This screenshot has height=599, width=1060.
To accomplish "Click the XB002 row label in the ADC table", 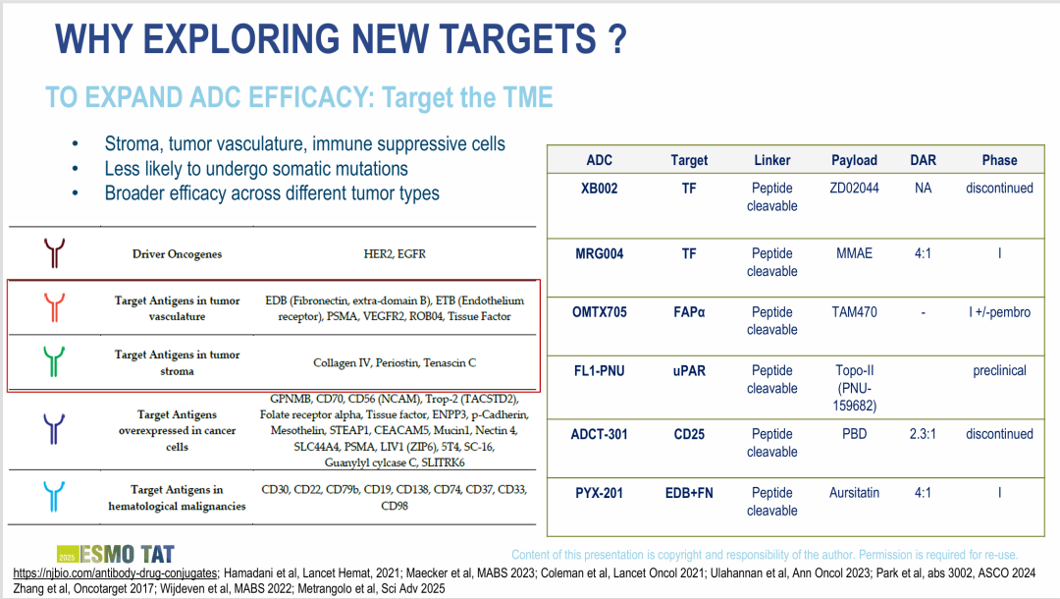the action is (599, 188).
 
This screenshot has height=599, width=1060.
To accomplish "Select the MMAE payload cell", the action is (854, 253).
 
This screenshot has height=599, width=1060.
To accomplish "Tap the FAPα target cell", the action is (689, 312).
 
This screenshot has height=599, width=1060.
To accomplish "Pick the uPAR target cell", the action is (689, 370).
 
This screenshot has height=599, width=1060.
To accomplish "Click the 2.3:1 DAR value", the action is (923, 434).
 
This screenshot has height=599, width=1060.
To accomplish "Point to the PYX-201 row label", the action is (599, 493).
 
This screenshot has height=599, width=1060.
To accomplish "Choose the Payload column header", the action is (854, 160).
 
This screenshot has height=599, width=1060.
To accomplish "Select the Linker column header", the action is (772, 160).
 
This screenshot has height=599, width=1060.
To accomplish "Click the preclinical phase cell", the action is (999, 370).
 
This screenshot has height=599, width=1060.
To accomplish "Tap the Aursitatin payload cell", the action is (854, 493).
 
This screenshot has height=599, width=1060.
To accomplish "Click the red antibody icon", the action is (54, 307).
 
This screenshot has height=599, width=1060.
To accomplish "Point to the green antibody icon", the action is (54, 361).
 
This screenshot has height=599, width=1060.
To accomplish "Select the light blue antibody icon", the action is (54, 496).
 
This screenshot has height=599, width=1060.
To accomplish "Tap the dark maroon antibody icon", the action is (54, 252).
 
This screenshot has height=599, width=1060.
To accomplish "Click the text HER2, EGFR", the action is (395, 254).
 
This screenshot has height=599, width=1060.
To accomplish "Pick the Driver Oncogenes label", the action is (177, 254).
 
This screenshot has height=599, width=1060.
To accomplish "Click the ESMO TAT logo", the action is (116, 555).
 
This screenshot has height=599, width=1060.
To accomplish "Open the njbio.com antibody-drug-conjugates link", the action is (115, 573).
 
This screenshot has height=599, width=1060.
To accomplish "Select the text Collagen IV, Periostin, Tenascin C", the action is (395, 363).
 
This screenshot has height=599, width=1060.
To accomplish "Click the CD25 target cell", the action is (689, 434).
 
